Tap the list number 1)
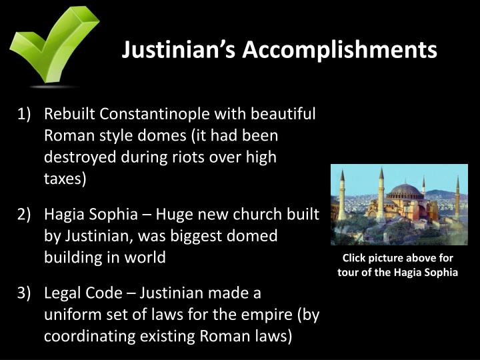tap(25, 113)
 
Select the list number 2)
tap(25, 215)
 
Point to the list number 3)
tap(25, 293)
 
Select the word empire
tap(272, 315)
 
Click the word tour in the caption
tap(349, 273)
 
